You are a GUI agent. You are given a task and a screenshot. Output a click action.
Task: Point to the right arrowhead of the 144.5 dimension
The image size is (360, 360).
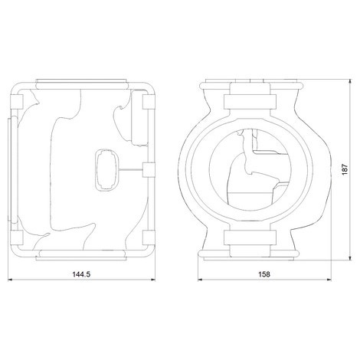[x=155, y=280]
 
